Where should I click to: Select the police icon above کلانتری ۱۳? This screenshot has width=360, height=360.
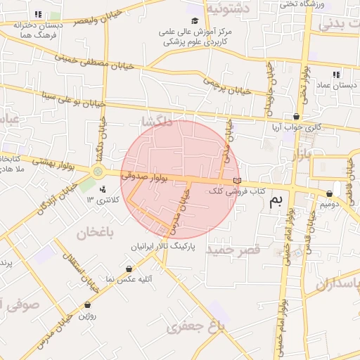click(x=103, y=188)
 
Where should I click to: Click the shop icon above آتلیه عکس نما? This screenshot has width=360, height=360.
click(x=129, y=269)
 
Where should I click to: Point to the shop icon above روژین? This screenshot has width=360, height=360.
click(x=88, y=305)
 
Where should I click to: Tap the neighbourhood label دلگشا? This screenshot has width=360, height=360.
click(x=157, y=122)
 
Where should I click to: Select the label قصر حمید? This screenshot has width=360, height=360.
click(x=233, y=250)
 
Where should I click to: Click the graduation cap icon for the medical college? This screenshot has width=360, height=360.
click(x=195, y=20)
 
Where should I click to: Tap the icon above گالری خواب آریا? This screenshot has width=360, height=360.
click(x=296, y=117)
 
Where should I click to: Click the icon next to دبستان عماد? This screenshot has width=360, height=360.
click(x=336, y=75)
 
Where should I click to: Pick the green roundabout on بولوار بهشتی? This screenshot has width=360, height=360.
click(x=98, y=171)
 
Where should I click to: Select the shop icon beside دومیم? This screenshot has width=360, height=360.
click(x=329, y=193)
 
